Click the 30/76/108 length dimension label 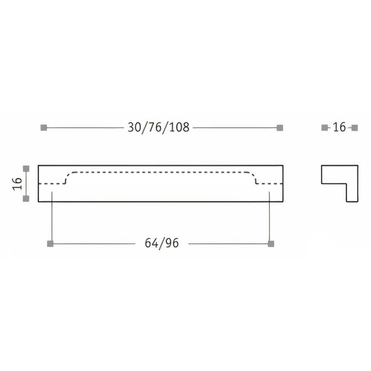pyautogui.click(x=159, y=128)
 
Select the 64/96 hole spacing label pyautogui.click(x=162, y=243)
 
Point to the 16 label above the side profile pyautogui.click(x=339, y=127)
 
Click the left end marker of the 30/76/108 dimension pyautogui.click(x=44, y=128)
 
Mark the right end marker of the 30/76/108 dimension pyautogui.click(x=280, y=128)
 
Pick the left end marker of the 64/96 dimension pyautogui.click(x=51, y=243)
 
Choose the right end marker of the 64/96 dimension pyautogui.click(x=271, y=243)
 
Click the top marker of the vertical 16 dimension pyautogui.click(x=26, y=168)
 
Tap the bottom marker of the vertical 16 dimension pyautogui.click(x=26, y=198)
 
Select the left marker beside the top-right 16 pyautogui.click(x=325, y=127)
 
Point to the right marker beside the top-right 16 pyautogui.click(x=355, y=127)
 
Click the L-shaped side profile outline pyautogui.click(x=334, y=174)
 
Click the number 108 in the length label pyautogui.click(x=179, y=128)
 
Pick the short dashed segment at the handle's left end pyautogui.click(x=51, y=184)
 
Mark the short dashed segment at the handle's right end pyautogui.click(x=270, y=184)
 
